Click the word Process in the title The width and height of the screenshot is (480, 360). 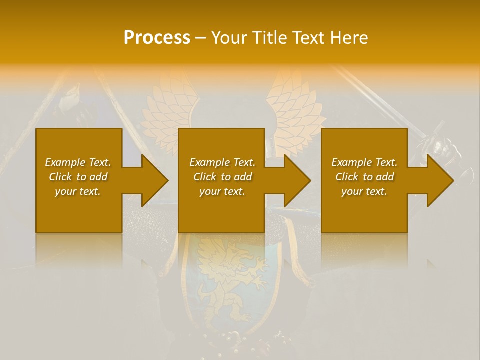coord(157,38)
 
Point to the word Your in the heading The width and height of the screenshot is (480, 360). coord(229,38)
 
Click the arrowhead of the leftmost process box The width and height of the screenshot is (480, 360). coord(154,180)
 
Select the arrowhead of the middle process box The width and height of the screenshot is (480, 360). coord(296,180)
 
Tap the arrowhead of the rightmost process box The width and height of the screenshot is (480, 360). coord(439,180)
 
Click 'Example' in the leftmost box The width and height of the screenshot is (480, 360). coord(65,162)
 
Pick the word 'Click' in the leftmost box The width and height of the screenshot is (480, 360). coord(61,177)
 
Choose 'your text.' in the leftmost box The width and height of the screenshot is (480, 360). coord(78,191)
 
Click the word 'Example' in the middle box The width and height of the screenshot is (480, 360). coord(209,162)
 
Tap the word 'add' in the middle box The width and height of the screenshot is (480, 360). coord(242,177)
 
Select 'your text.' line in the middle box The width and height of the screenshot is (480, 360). coord(222,191)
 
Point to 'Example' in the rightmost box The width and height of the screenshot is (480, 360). coord(351,162)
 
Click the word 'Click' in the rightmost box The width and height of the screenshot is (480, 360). coord(347,177)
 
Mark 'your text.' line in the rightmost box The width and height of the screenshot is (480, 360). coord(364,191)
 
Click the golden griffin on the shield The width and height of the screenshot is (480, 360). coord(230,280)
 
